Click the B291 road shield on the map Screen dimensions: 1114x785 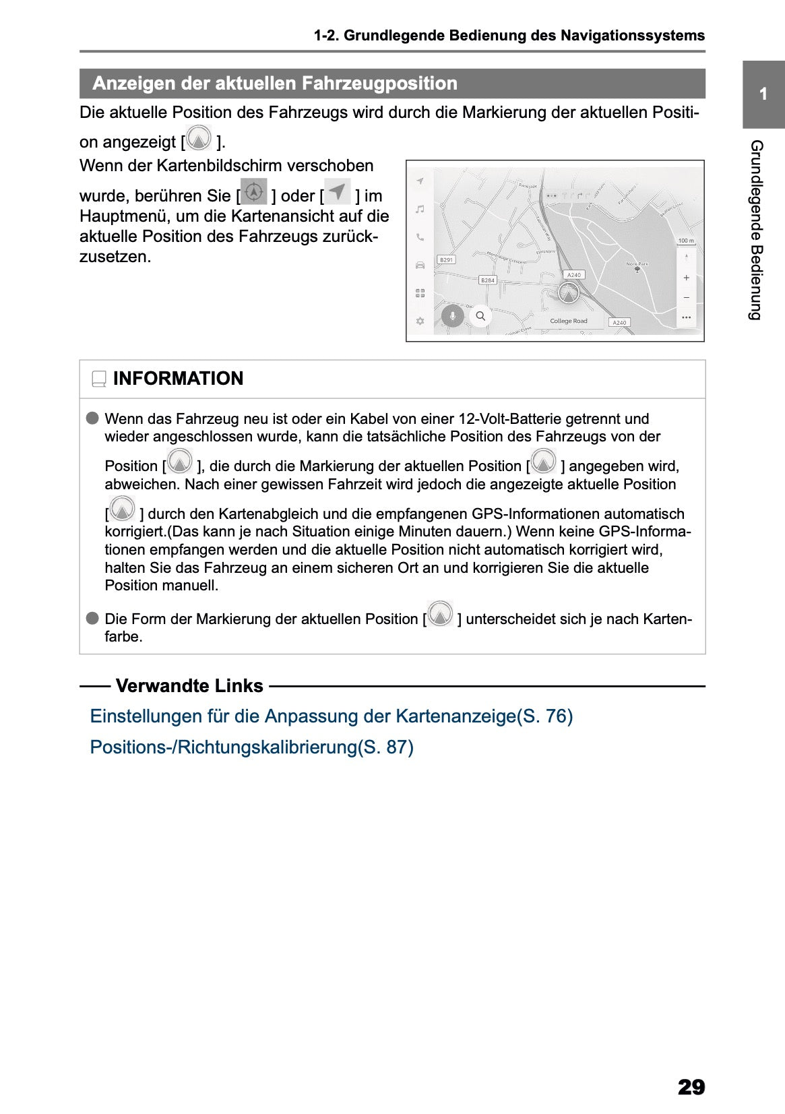445,259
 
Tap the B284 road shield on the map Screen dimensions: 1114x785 487,280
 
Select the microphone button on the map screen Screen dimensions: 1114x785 453,315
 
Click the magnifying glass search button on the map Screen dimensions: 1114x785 480,315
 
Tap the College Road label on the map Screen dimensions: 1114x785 568,321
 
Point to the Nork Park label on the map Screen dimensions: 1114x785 637,264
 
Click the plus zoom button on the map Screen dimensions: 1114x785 686,278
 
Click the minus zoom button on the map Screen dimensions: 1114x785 686,297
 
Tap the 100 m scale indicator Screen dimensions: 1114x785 685,241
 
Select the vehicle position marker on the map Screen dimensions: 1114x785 569,294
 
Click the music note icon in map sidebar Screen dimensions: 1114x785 420,210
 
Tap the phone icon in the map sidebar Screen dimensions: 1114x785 420,237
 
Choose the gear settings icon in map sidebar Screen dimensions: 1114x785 420,321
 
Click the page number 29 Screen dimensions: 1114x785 691,1087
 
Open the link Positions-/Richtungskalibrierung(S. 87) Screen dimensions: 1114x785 251,747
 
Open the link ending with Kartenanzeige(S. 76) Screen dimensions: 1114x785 331,716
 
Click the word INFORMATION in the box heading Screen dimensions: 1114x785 178,379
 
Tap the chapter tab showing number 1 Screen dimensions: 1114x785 763,94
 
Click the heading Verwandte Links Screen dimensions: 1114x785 189,686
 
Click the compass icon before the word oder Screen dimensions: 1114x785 254,192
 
